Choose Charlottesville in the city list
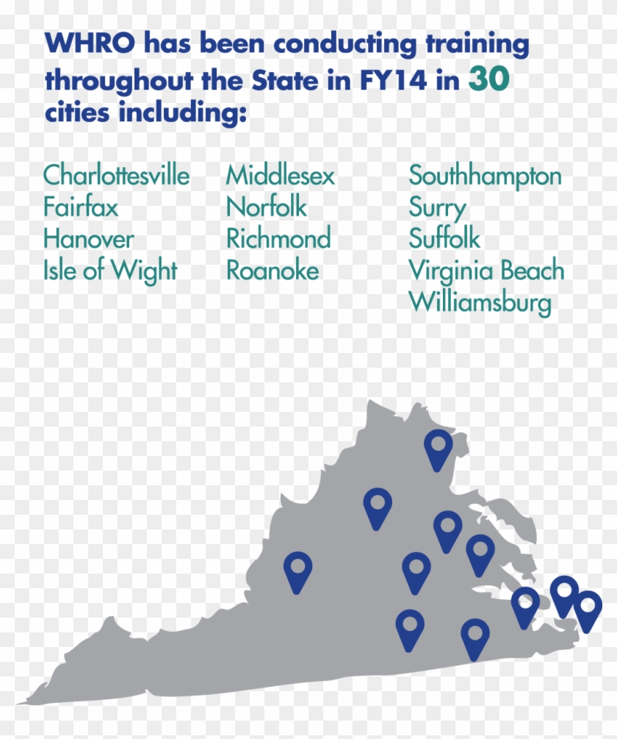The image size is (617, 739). point(116,176)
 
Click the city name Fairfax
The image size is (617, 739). point(80,207)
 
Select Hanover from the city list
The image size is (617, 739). point(89,239)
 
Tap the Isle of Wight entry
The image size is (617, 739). point(110,271)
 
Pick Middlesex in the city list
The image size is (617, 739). point(280,176)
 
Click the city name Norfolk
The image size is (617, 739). point(267,207)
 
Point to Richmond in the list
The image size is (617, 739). point(278,239)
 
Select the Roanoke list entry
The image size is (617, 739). point(273,271)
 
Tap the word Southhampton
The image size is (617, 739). point(485,176)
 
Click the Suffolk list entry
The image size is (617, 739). point(444,239)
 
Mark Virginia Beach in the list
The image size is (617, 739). point(486,271)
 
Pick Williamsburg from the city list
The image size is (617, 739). point(480,302)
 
